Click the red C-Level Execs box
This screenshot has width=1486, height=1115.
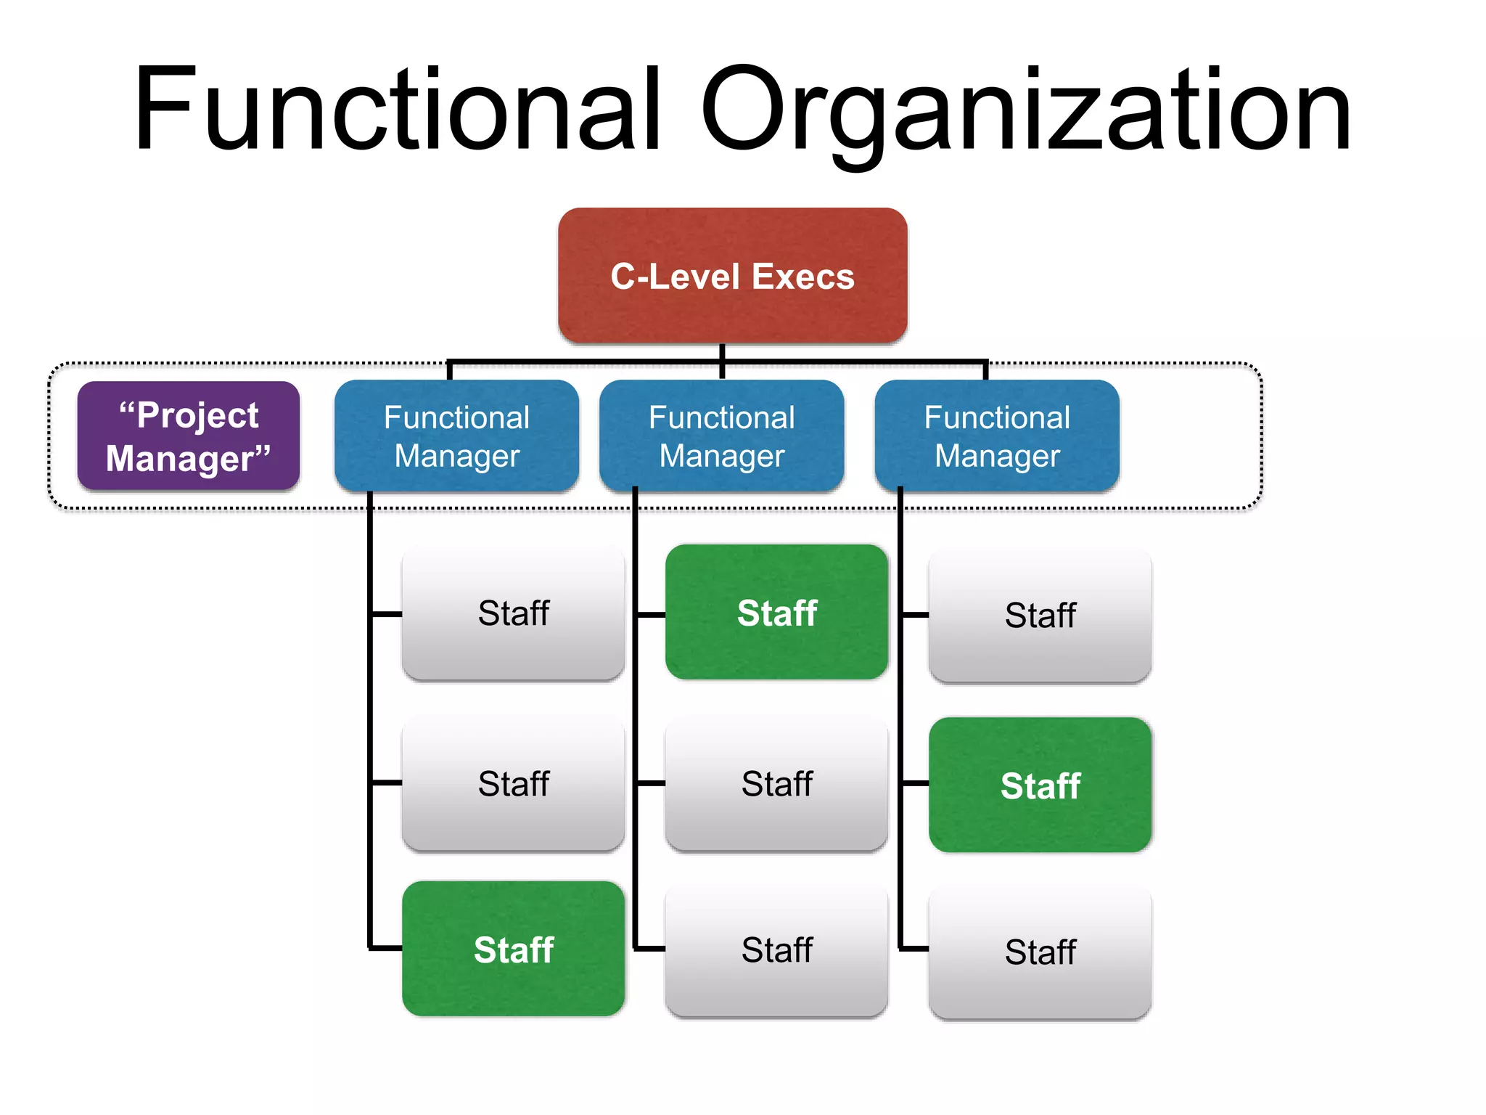[x=732, y=276]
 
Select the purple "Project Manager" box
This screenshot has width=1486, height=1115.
[x=189, y=436]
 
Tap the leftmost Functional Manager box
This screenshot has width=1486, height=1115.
[x=456, y=436]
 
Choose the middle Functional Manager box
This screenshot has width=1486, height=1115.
[x=721, y=436]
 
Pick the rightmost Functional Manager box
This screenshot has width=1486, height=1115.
[x=997, y=436]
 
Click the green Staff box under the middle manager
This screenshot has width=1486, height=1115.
[x=776, y=613]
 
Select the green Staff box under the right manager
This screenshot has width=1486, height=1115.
[x=1040, y=785]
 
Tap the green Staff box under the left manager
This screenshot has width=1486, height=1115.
[x=513, y=949]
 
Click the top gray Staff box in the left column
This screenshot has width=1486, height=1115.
[x=513, y=614]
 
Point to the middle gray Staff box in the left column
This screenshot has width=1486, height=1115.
[x=513, y=784]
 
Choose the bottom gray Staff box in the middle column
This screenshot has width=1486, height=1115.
[x=776, y=950]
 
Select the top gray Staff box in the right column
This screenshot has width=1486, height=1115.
[x=1040, y=616]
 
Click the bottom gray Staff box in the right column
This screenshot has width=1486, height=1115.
[x=1040, y=952]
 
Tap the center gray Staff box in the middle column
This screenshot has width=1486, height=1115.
[x=776, y=784]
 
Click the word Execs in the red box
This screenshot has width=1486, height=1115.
[x=803, y=277]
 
